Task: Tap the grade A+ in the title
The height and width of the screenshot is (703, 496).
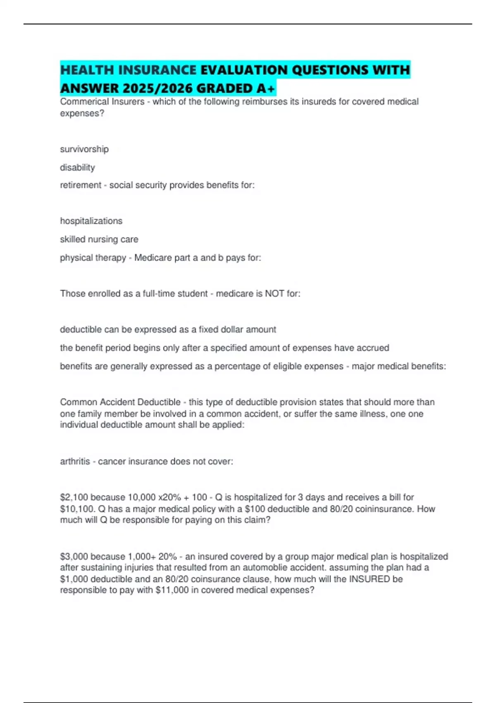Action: (266, 88)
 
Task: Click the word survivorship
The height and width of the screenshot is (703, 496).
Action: (84, 149)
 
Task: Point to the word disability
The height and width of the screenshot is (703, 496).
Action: (77, 167)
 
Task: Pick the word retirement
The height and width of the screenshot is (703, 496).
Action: (81, 185)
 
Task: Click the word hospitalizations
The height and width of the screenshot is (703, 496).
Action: (91, 221)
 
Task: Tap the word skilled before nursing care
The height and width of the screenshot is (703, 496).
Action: (73, 239)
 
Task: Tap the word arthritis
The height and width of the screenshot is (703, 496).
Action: (75, 461)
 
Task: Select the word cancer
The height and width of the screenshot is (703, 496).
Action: (112, 461)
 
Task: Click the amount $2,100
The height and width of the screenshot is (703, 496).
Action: (74, 497)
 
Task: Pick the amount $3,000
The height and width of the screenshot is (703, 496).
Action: (74, 557)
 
